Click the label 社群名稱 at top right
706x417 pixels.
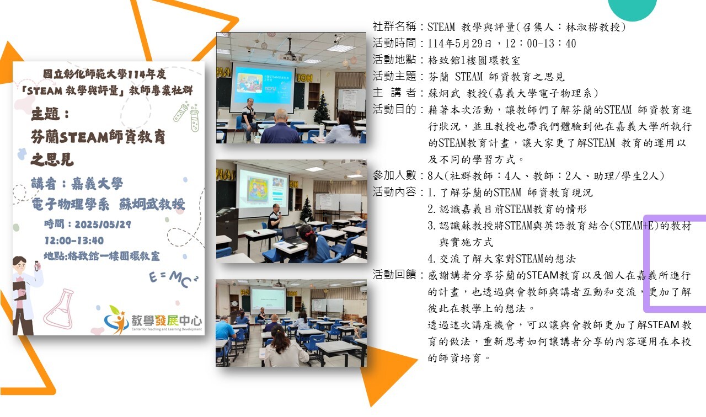tap(394, 26)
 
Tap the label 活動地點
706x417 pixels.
tap(394, 60)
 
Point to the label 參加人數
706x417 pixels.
tap(394, 175)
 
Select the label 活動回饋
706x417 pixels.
tap(394, 275)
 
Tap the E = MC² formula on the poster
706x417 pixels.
tap(174, 279)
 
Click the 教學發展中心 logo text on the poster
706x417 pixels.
tap(167, 320)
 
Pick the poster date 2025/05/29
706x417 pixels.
tap(103, 224)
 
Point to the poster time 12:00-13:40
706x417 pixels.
tap(74, 241)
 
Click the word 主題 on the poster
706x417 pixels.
tap(46, 114)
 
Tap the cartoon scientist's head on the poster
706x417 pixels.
tap(20, 265)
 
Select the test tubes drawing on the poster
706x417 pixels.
tap(187, 116)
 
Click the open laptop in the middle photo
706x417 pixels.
tap(292, 236)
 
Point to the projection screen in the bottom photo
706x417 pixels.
tap(268, 301)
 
